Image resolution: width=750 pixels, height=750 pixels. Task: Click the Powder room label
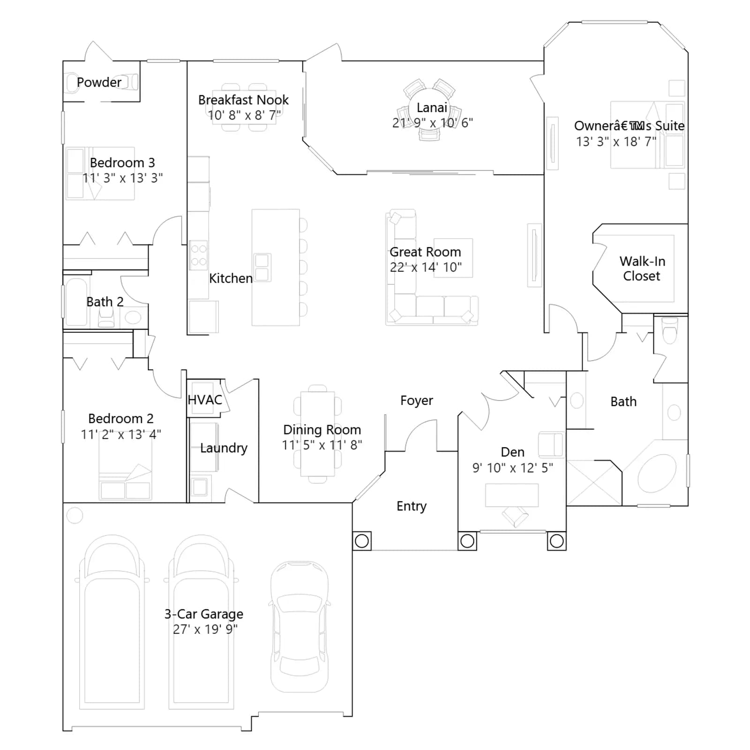99,82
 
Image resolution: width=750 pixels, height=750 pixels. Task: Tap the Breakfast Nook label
243,100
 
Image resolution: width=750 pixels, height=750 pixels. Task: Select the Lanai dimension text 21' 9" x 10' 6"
432,123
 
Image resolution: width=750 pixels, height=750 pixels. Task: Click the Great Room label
425,252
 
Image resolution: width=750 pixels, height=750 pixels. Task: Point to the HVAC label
205,400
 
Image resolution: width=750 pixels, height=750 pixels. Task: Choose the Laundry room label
224,448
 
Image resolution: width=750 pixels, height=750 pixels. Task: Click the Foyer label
416,401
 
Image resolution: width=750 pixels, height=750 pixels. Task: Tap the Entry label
412,506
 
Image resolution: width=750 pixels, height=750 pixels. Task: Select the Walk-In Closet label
642,269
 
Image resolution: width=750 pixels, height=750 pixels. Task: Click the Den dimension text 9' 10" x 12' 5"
512,468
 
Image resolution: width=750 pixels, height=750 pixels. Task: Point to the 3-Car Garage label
203,614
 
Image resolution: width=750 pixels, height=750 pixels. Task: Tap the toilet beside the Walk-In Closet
670,330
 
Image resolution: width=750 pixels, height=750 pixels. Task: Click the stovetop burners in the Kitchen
198,255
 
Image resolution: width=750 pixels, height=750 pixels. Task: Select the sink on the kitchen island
262,267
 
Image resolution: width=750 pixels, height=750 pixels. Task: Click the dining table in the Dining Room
317,434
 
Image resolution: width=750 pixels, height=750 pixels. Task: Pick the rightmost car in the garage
300,626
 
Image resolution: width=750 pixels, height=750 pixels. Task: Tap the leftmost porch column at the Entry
361,541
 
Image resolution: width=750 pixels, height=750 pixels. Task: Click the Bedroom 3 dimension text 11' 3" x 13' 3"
123,178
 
